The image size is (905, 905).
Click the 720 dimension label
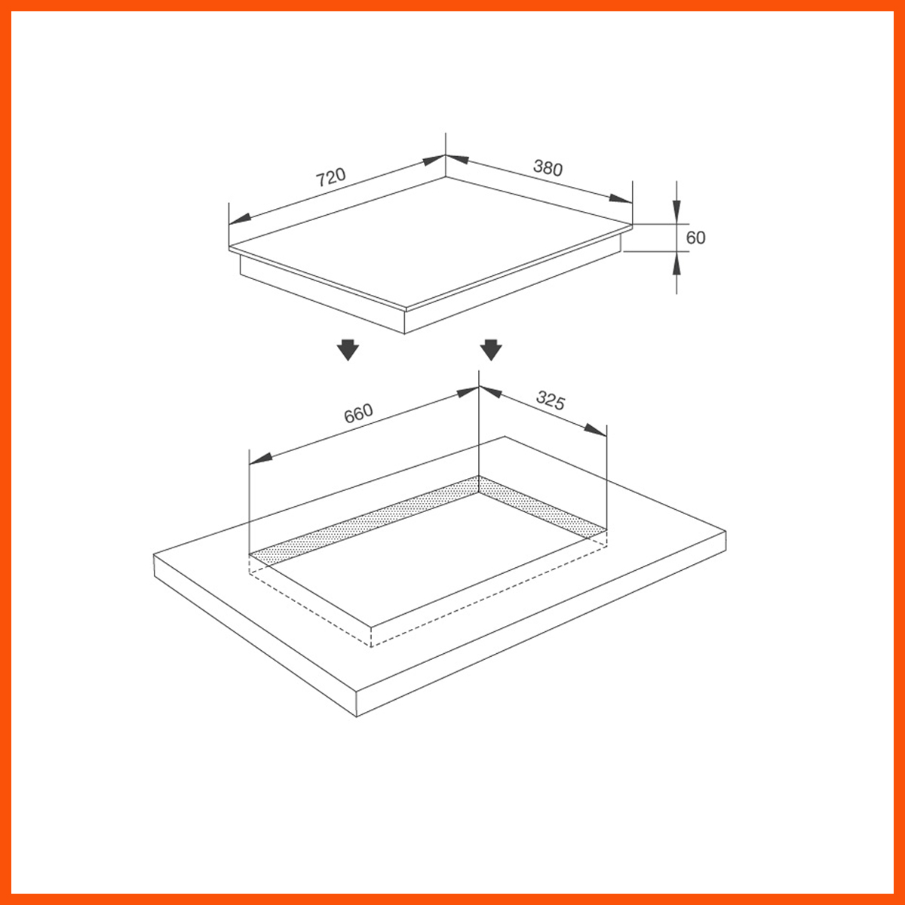click(x=330, y=177)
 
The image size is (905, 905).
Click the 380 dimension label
click(x=548, y=167)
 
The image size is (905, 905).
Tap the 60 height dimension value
click(x=695, y=238)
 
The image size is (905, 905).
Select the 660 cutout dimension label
click(x=358, y=413)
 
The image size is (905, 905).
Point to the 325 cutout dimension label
click(x=551, y=400)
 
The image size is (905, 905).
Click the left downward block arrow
click(x=348, y=350)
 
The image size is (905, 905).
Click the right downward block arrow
click(x=491, y=350)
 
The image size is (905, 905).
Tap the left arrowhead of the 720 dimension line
click(x=239, y=219)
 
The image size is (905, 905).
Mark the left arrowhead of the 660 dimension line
click(x=259, y=458)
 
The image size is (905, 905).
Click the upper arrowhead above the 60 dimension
click(x=676, y=213)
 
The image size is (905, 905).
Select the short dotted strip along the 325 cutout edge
click(x=543, y=507)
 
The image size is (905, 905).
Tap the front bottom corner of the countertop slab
click(x=356, y=715)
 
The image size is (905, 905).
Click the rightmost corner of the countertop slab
click(x=726, y=532)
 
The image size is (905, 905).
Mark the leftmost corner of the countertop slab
click(x=154, y=556)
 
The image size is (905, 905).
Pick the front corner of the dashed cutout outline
click(x=371, y=646)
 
